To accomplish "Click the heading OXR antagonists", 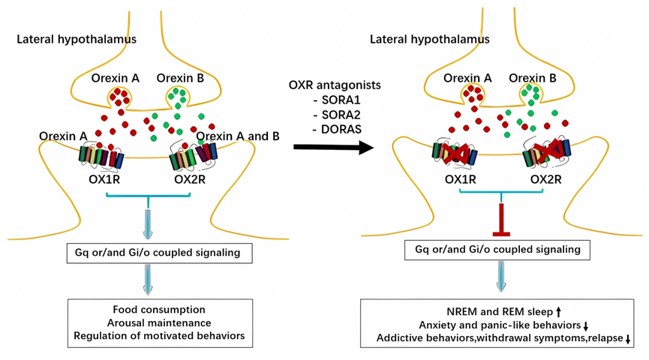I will pos(335,85).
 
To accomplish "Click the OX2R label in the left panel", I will pos(191,178).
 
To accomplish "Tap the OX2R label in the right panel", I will pos(547,179).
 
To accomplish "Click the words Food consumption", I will pos(159,309).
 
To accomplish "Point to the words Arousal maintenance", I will pos(159,322).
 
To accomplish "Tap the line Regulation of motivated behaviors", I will pos(159,336).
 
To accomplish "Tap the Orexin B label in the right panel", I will pos(533,77).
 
